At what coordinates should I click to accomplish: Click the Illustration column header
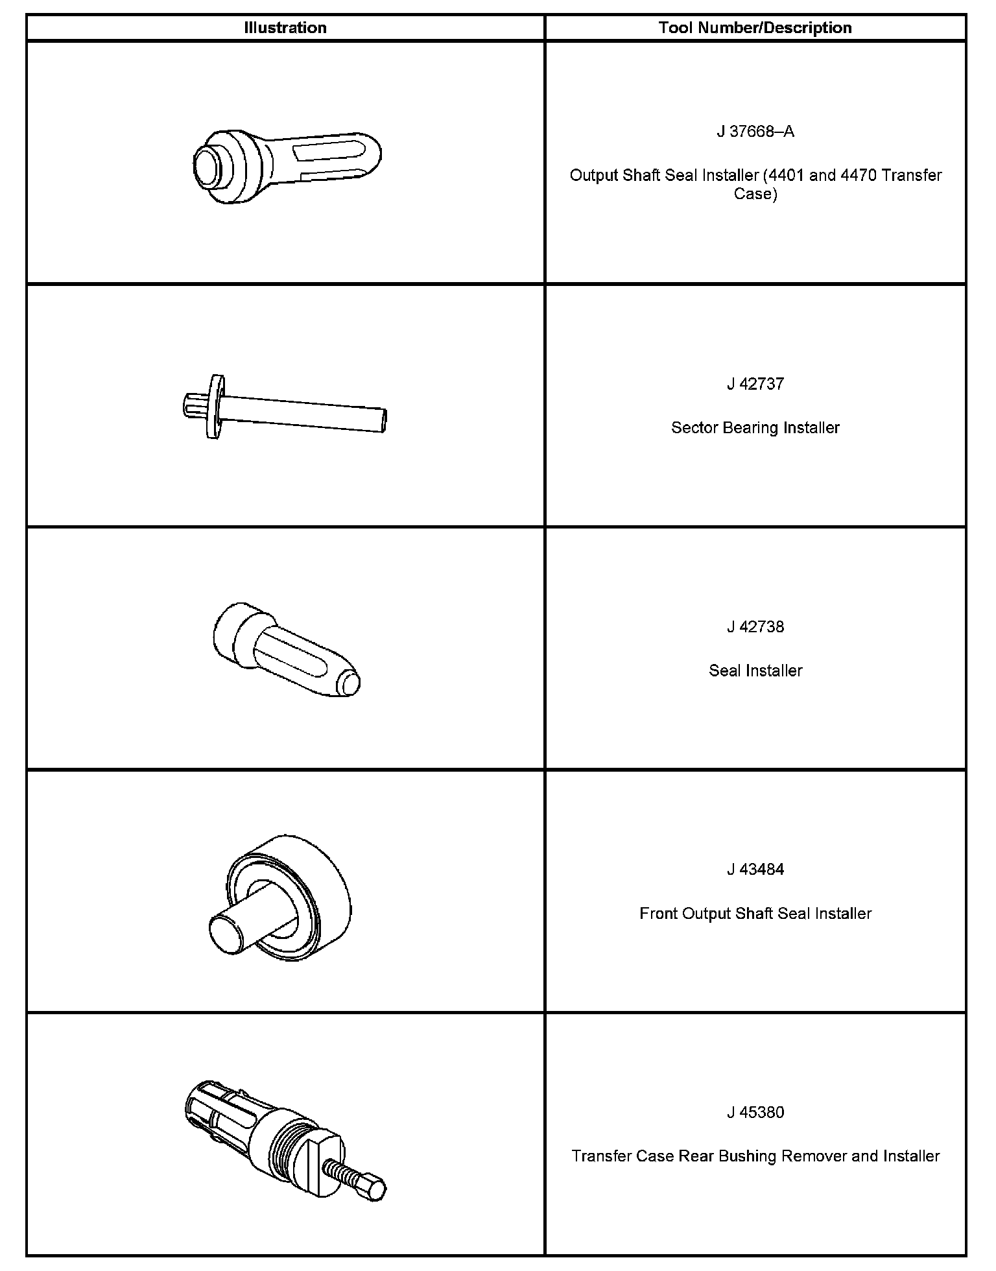pyautogui.click(x=285, y=28)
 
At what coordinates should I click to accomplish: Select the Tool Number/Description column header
pyautogui.click(x=755, y=28)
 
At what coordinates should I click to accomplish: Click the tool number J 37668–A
pyautogui.click(x=755, y=132)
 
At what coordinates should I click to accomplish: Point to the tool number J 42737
pyautogui.click(x=755, y=384)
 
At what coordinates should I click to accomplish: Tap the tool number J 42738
pyautogui.click(x=755, y=627)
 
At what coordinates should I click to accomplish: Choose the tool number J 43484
pyautogui.click(x=755, y=870)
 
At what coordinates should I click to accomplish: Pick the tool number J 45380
pyautogui.click(x=755, y=1112)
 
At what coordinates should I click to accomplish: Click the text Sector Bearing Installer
pyautogui.click(x=755, y=428)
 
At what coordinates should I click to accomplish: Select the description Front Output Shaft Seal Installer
pyautogui.click(x=755, y=914)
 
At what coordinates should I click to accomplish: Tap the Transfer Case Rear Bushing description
pyautogui.click(x=755, y=1156)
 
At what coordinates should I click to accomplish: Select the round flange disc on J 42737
pyautogui.click(x=214, y=406)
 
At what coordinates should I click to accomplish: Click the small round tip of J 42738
pyautogui.click(x=351, y=684)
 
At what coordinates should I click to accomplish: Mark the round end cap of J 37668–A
pyautogui.click(x=208, y=165)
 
